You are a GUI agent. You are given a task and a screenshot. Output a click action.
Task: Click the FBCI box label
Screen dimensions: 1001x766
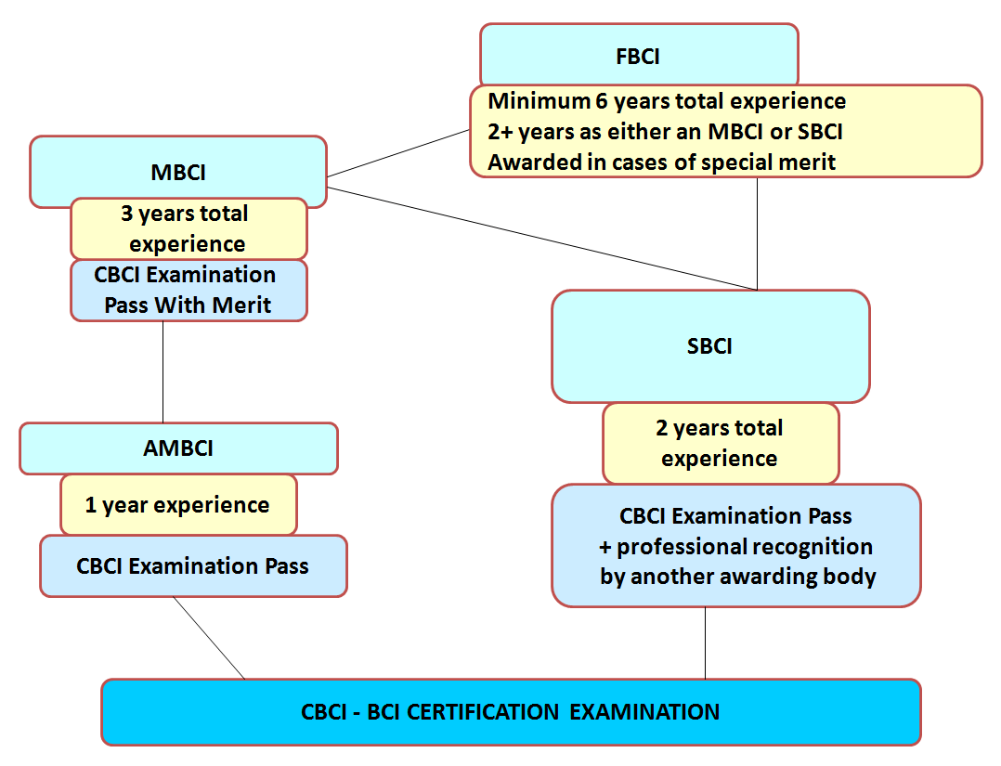(x=638, y=57)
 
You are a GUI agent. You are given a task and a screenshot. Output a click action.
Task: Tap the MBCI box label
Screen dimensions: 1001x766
(x=178, y=173)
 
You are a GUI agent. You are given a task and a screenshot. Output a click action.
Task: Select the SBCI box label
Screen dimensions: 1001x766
(x=709, y=346)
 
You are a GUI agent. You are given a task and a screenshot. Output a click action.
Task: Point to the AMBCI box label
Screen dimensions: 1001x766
(x=178, y=448)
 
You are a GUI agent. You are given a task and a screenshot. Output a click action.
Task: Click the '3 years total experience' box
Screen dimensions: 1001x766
(x=189, y=228)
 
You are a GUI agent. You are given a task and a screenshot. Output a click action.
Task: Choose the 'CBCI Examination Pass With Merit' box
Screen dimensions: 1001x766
(x=189, y=290)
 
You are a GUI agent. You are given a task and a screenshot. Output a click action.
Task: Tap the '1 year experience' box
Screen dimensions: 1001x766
(x=178, y=504)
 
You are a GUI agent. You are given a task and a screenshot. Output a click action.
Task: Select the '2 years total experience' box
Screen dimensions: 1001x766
(x=721, y=443)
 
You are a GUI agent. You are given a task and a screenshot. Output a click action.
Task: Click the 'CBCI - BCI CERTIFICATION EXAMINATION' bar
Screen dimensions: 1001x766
(x=511, y=712)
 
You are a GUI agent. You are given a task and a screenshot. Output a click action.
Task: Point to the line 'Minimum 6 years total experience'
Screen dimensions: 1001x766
(x=667, y=101)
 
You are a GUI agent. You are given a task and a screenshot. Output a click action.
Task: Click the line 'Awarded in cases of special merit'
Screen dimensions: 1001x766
(x=661, y=162)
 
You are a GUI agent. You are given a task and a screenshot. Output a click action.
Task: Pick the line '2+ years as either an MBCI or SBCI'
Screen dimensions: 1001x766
(x=665, y=132)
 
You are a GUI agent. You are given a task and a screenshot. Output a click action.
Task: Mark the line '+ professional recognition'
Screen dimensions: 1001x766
(x=735, y=546)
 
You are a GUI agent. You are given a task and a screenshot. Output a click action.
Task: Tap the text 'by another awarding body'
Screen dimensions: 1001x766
(x=738, y=577)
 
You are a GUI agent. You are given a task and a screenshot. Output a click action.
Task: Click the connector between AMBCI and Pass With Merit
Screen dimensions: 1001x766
(x=162, y=371)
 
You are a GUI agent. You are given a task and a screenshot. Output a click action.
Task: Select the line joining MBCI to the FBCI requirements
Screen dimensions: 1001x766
(x=398, y=153)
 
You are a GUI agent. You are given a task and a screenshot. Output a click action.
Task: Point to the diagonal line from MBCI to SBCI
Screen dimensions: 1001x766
(x=541, y=239)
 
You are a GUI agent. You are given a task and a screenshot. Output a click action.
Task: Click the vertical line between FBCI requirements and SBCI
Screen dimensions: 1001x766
(x=757, y=234)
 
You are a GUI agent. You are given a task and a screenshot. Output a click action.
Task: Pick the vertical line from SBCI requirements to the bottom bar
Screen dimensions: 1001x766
(x=706, y=643)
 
